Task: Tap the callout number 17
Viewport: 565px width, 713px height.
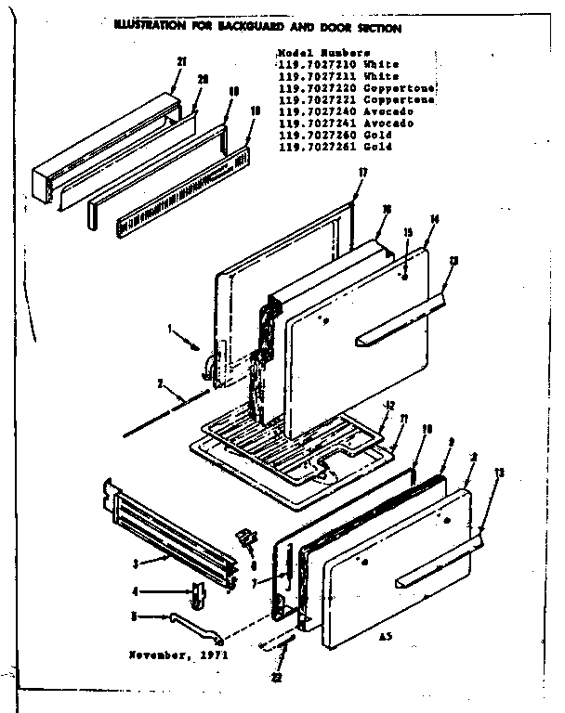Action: (x=362, y=173)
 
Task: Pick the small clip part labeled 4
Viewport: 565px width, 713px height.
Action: (x=198, y=591)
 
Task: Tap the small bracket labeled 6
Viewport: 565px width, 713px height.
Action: (x=246, y=538)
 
